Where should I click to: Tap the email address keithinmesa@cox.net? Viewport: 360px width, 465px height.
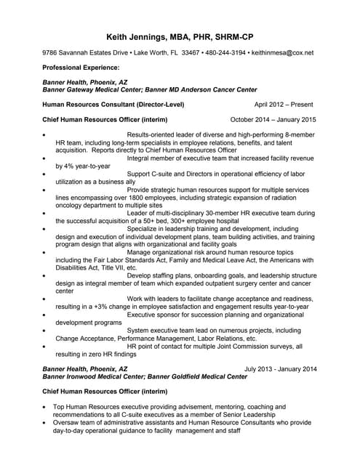click(280, 53)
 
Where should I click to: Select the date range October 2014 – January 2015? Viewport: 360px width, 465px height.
click(273, 120)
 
